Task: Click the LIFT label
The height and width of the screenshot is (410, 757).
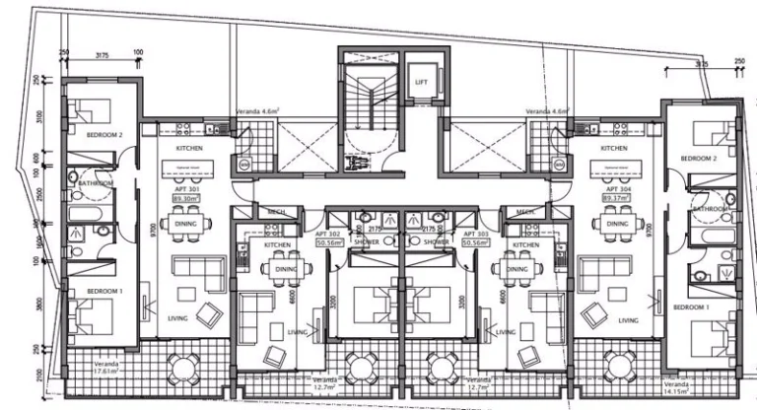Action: pyautogui.click(x=421, y=82)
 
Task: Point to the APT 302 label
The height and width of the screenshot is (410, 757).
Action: pyautogui.click(x=327, y=234)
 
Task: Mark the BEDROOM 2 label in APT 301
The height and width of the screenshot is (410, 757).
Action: pyautogui.click(x=103, y=134)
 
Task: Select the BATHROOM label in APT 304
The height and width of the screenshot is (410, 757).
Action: pyautogui.click(x=710, y=209)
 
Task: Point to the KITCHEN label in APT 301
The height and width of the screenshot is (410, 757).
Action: pyautogui.click(x=188, y=149)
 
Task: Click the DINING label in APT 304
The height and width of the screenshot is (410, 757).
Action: pyautogui.click(x=618, y=224)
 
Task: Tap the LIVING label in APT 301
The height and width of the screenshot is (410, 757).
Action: pyautogui.click(x=178, y=318)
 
